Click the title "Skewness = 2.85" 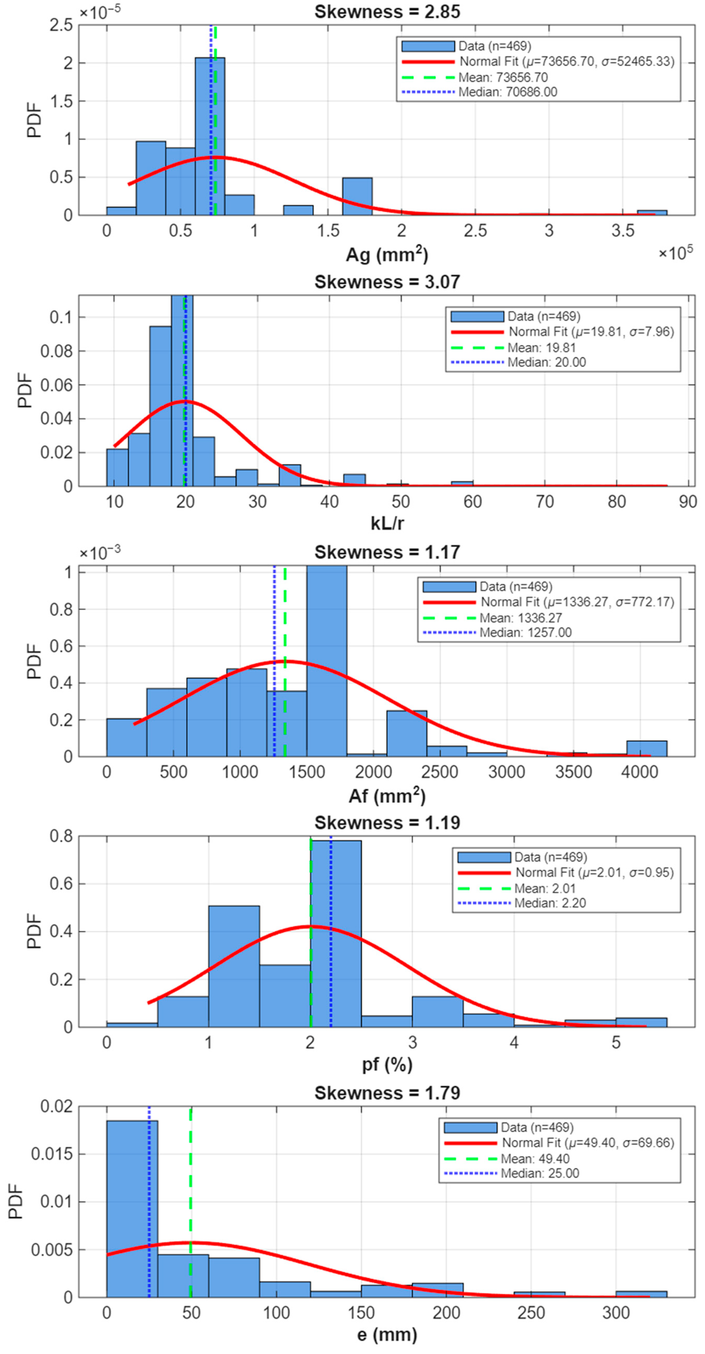[387, 12]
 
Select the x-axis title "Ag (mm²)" [387, 255]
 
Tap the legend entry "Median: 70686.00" [508, 92]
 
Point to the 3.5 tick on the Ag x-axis [623, 231]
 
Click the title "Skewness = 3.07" [387, 282]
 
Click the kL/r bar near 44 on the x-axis [355, 480]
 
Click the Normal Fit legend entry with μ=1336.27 [577, 602]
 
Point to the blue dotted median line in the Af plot [274, 661]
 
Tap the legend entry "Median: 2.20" [550, 903]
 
